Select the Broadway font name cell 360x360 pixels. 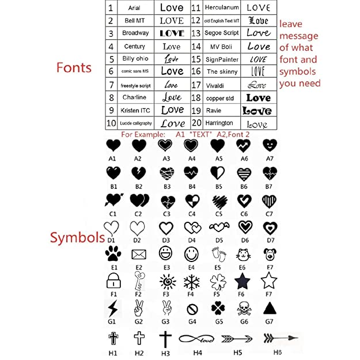tap(135, 33)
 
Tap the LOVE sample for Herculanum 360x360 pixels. tap(258, 7)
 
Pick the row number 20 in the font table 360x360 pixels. tap(195, 123)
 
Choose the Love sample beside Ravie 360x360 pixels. tap(257, 110)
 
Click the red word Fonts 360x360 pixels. tap(74, 67)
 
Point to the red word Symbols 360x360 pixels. tap(76, 237)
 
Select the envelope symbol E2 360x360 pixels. tap(139, 253)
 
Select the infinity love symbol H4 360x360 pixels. tap(197, 339)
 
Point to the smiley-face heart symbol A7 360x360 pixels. tap(269, 145)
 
